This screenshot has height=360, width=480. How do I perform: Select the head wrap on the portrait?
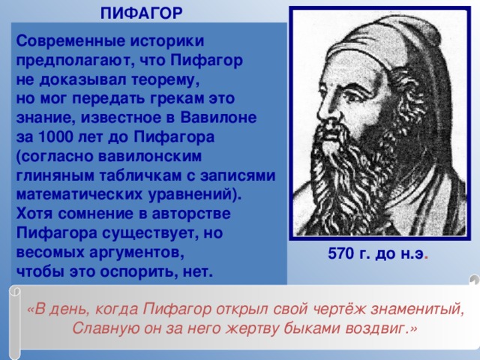[x=390, y=52]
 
